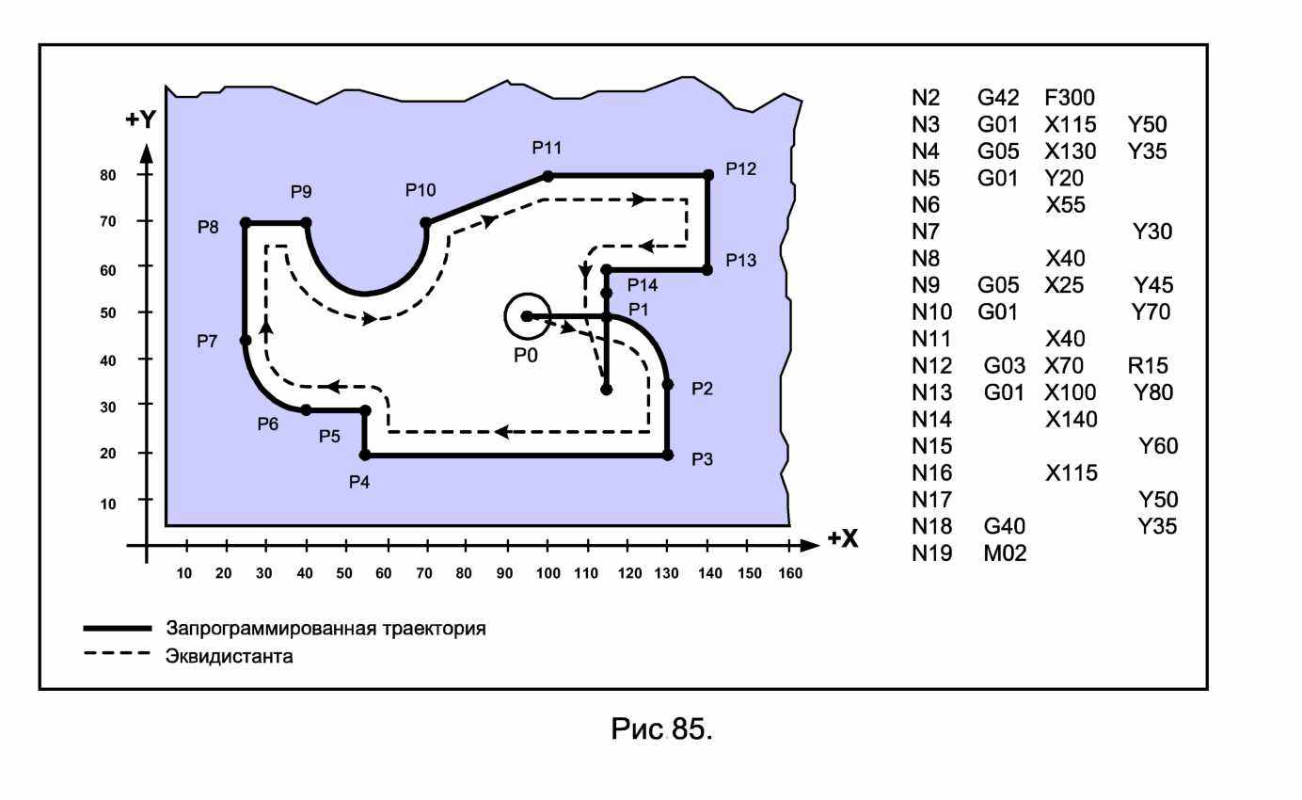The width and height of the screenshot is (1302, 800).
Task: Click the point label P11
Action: (x=547, y=148)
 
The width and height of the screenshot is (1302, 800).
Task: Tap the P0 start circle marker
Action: (x=527, y=316)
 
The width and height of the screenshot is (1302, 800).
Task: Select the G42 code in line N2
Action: (x=998, y=97)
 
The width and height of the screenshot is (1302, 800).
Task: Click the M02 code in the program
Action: (x=1004, y=553)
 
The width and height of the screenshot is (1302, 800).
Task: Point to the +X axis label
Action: (x=842, y=539)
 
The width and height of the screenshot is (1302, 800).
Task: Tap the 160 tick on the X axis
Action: (x=790, y=574)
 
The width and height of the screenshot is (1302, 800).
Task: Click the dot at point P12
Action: (x=707, y=175)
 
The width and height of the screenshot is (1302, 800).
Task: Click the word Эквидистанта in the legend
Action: (x=229, y=656)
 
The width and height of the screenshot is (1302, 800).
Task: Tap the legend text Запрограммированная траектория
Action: (x=325, y=628)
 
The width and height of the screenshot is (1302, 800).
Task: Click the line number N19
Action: (x=932, y=553)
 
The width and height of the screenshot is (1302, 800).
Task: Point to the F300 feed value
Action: (x=1070, y=97)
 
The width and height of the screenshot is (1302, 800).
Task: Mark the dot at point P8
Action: (x=246, y=223)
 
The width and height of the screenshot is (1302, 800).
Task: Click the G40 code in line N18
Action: (x=1004, y=526)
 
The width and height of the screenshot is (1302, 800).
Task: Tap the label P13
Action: (x=740, y=261)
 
